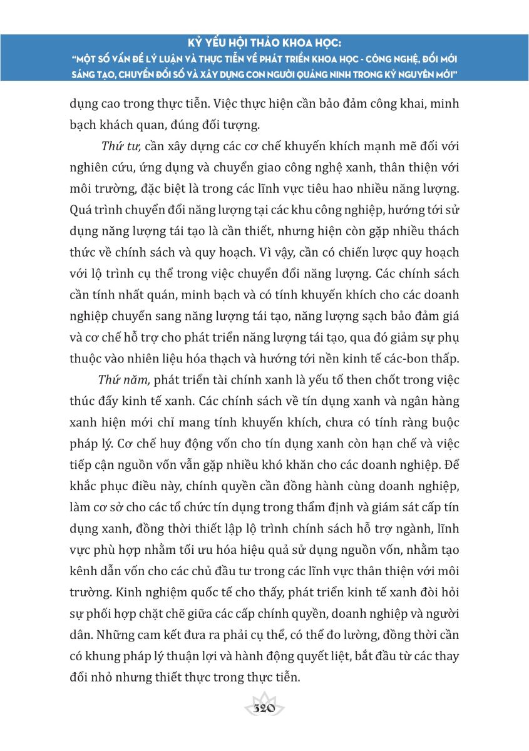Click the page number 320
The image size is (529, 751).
tap(264, 709)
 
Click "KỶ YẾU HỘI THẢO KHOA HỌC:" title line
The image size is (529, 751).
tap(264, 43)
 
